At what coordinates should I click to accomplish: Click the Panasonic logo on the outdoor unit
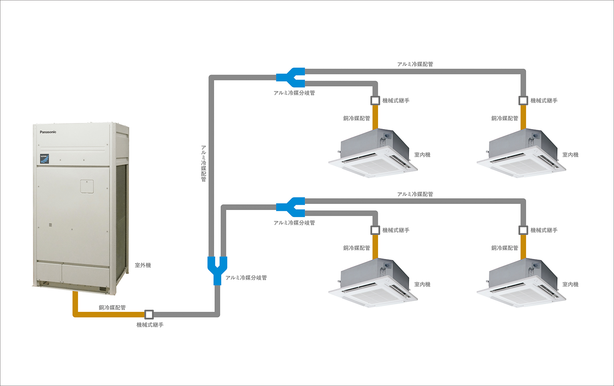pyautogui.click(x=48, y=132)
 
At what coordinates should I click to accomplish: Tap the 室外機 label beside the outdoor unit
pyautogui.click(x=143, y=265)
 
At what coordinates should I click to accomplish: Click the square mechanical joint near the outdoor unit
pyautogui.click(x=149, y=315)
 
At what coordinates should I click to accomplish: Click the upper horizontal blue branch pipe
pyautogui.click(x=290, y=77)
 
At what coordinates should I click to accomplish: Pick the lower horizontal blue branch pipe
pyautogui.click(x=290, y=207)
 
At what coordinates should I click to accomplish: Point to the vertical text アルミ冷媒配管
pyautogui.click(x=203, y=163)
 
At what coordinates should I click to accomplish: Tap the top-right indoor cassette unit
pyautogui.click(x=521, y=154)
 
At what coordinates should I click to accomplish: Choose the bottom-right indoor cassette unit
pyautogui.click(x=521, y=283)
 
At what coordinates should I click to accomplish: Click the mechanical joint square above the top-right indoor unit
pyautogui.click(x=523, y=100)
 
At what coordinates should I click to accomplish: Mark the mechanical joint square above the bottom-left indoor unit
pyautogui.click(x=375, y=230)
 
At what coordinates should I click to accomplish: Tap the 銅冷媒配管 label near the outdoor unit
pyautogui.click(x=112, y=307)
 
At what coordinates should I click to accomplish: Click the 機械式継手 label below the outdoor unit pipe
pyautogui.click(x=150, y=325)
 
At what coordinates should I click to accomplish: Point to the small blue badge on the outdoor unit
pyautogui.click(x=45, y=159)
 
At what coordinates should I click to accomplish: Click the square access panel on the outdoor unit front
pyautogui.click(x=87, y=186)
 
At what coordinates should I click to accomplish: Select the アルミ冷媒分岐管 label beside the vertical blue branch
pyautogui.click(x=246, y=278)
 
